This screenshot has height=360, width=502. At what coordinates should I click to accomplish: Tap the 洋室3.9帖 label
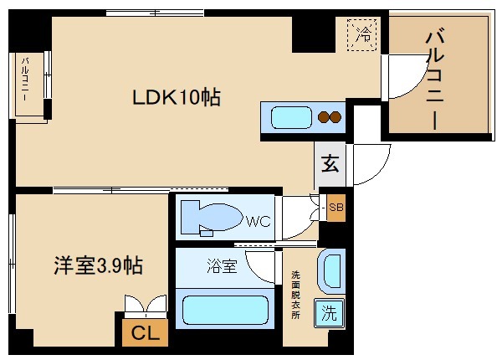[94, 266]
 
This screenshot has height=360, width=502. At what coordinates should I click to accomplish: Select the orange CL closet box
[145, 332]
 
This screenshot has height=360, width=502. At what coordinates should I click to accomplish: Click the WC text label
[256, 222]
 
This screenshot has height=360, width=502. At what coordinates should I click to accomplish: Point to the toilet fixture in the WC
[209, 217]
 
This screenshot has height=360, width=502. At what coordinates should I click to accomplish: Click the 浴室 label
[222, 267]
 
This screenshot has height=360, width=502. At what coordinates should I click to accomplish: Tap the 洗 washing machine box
[330, 314]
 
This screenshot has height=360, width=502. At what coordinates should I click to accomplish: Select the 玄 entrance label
[330, 163]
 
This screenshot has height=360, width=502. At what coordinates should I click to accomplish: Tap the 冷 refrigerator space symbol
[364, 35]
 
